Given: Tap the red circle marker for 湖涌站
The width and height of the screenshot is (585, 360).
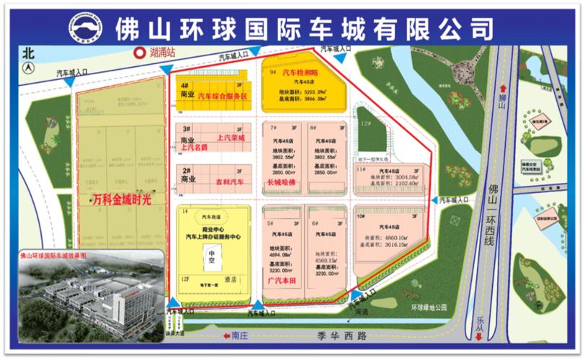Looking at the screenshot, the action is click(136, 52).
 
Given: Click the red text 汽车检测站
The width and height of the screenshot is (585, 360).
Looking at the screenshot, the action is click(299, 73).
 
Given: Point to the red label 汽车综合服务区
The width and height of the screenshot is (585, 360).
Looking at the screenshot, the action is click(223, 96).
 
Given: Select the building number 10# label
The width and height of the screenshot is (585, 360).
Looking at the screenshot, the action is click(361, 216).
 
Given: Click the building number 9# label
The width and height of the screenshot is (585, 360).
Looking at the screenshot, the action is click(273, 73).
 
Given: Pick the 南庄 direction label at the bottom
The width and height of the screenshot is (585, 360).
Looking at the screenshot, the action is click(241, 336).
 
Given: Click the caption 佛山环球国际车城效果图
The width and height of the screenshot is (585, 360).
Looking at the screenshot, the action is click(53, 255).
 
